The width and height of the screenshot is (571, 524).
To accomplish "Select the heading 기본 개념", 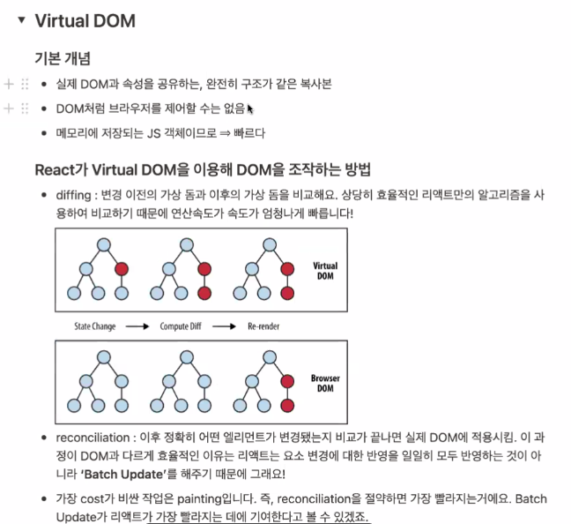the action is [63, 59].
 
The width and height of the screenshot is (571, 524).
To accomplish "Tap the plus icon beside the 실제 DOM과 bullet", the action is [9, 84].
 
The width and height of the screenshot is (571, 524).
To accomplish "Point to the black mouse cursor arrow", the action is [250, 109].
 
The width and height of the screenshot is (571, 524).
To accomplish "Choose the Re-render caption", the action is [267, 326].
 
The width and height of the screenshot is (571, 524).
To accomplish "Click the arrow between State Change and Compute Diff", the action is [138, 326].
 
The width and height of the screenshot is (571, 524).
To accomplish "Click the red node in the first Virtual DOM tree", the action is [121, 268].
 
